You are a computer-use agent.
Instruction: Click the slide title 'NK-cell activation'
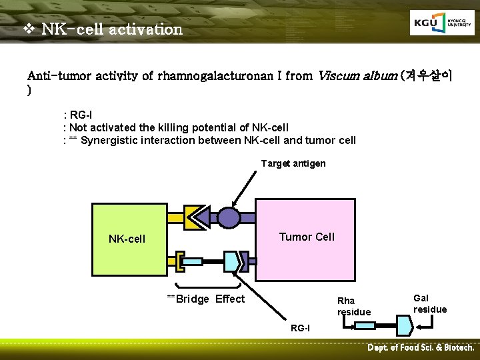[x=111, y=29]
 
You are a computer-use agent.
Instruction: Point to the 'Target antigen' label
[x=293, y=163]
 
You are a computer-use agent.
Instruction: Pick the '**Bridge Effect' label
[x=205, y=299]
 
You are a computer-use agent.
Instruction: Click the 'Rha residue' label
[x=354, y=307]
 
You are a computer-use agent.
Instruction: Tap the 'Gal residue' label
[x=430, y=304]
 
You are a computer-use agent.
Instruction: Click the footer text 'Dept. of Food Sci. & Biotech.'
[x=421, y=348]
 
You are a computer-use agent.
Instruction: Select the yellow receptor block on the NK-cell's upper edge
[x=177, y=217]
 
